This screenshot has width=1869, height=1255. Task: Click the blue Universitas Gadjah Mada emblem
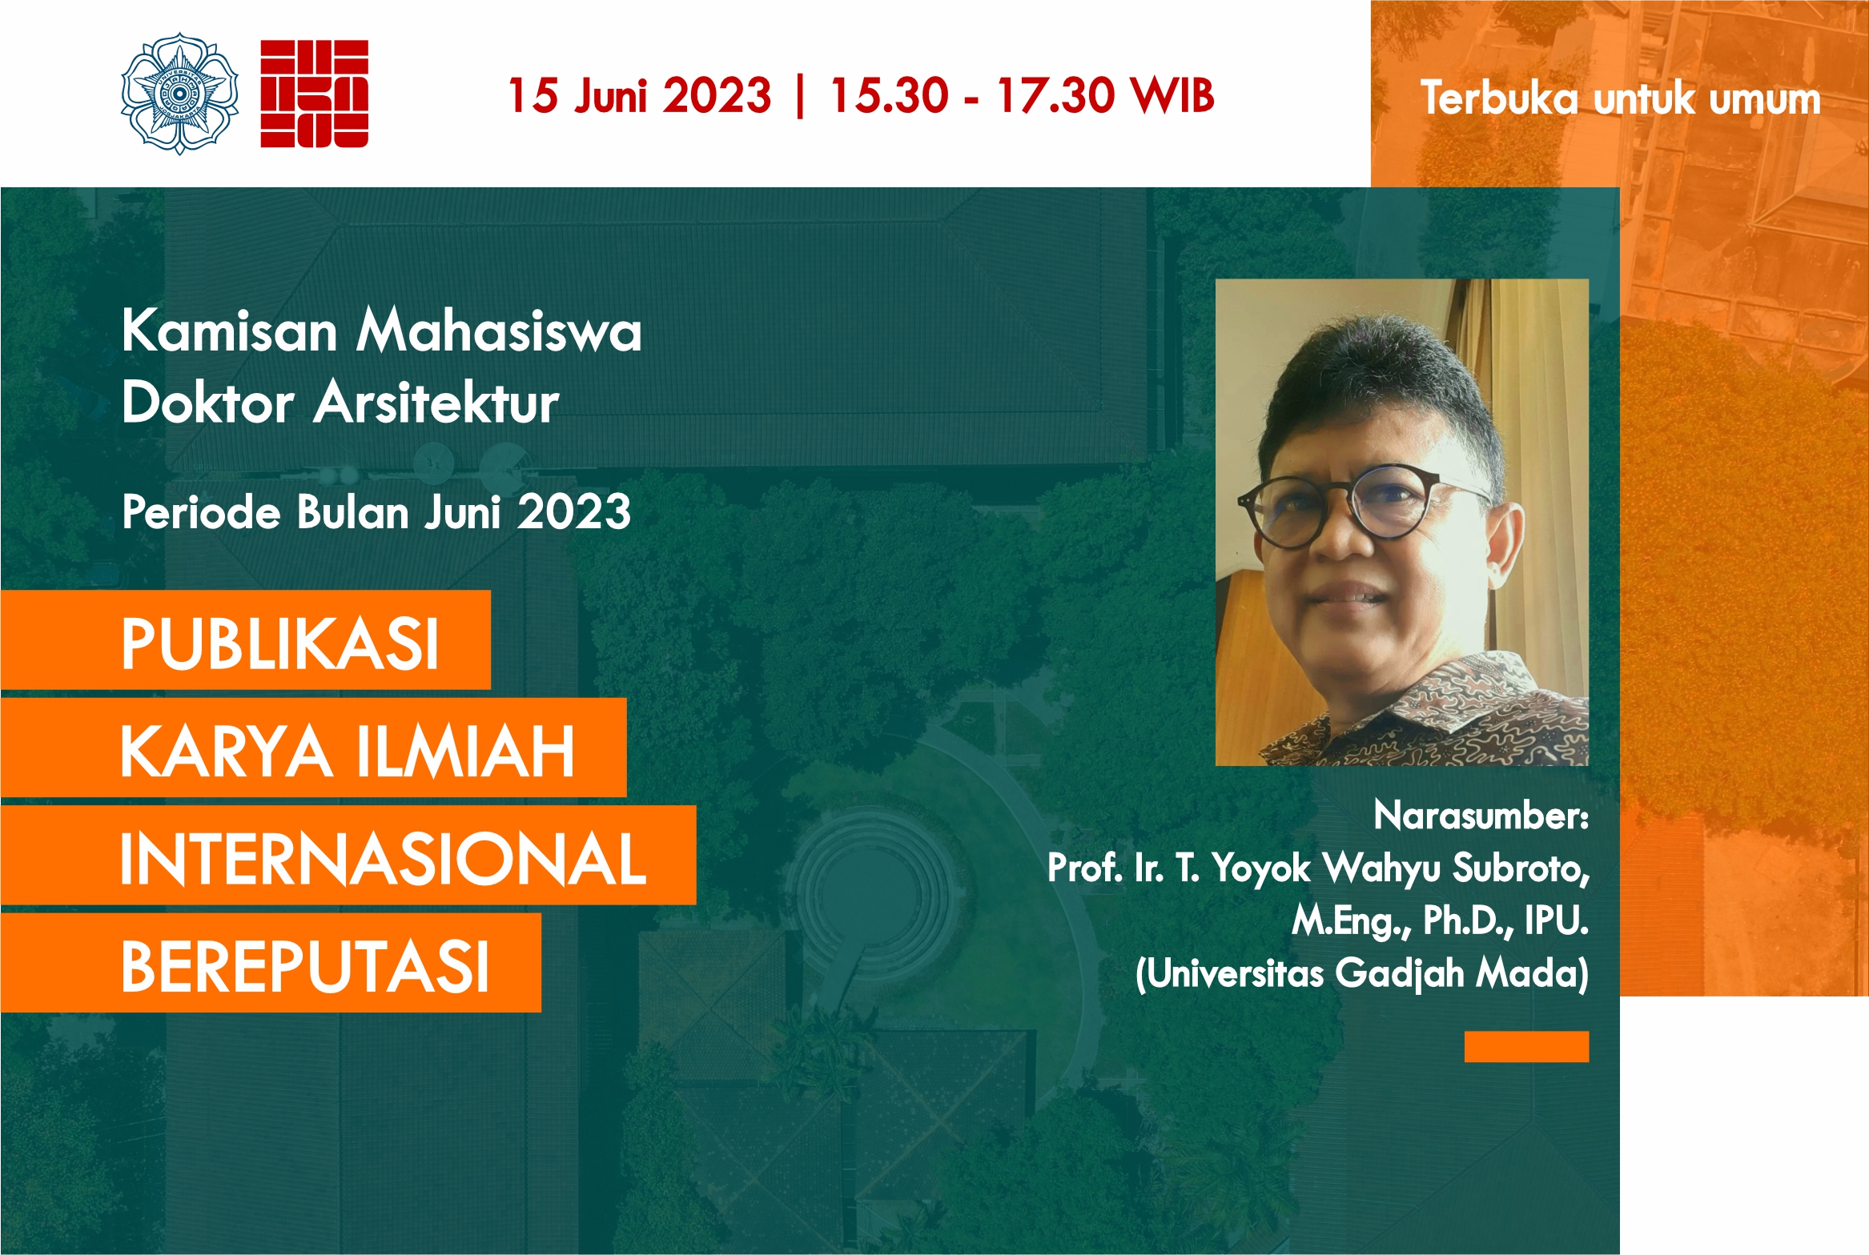179,94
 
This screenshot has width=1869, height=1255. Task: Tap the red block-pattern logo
314,94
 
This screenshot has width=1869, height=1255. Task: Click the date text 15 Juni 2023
640,95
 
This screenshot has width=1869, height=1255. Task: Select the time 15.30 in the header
889,95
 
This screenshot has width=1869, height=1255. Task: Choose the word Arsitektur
436,402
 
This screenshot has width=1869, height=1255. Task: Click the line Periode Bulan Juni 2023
376,511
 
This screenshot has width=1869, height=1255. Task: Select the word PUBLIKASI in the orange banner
279,644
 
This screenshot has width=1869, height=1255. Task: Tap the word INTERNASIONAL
383,858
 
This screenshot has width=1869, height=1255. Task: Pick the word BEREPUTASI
305,966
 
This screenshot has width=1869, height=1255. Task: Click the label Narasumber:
1481,816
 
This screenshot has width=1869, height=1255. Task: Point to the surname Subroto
1521,868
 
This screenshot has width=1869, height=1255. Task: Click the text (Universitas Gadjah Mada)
1362,973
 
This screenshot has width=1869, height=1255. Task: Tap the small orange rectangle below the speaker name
1526,1046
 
